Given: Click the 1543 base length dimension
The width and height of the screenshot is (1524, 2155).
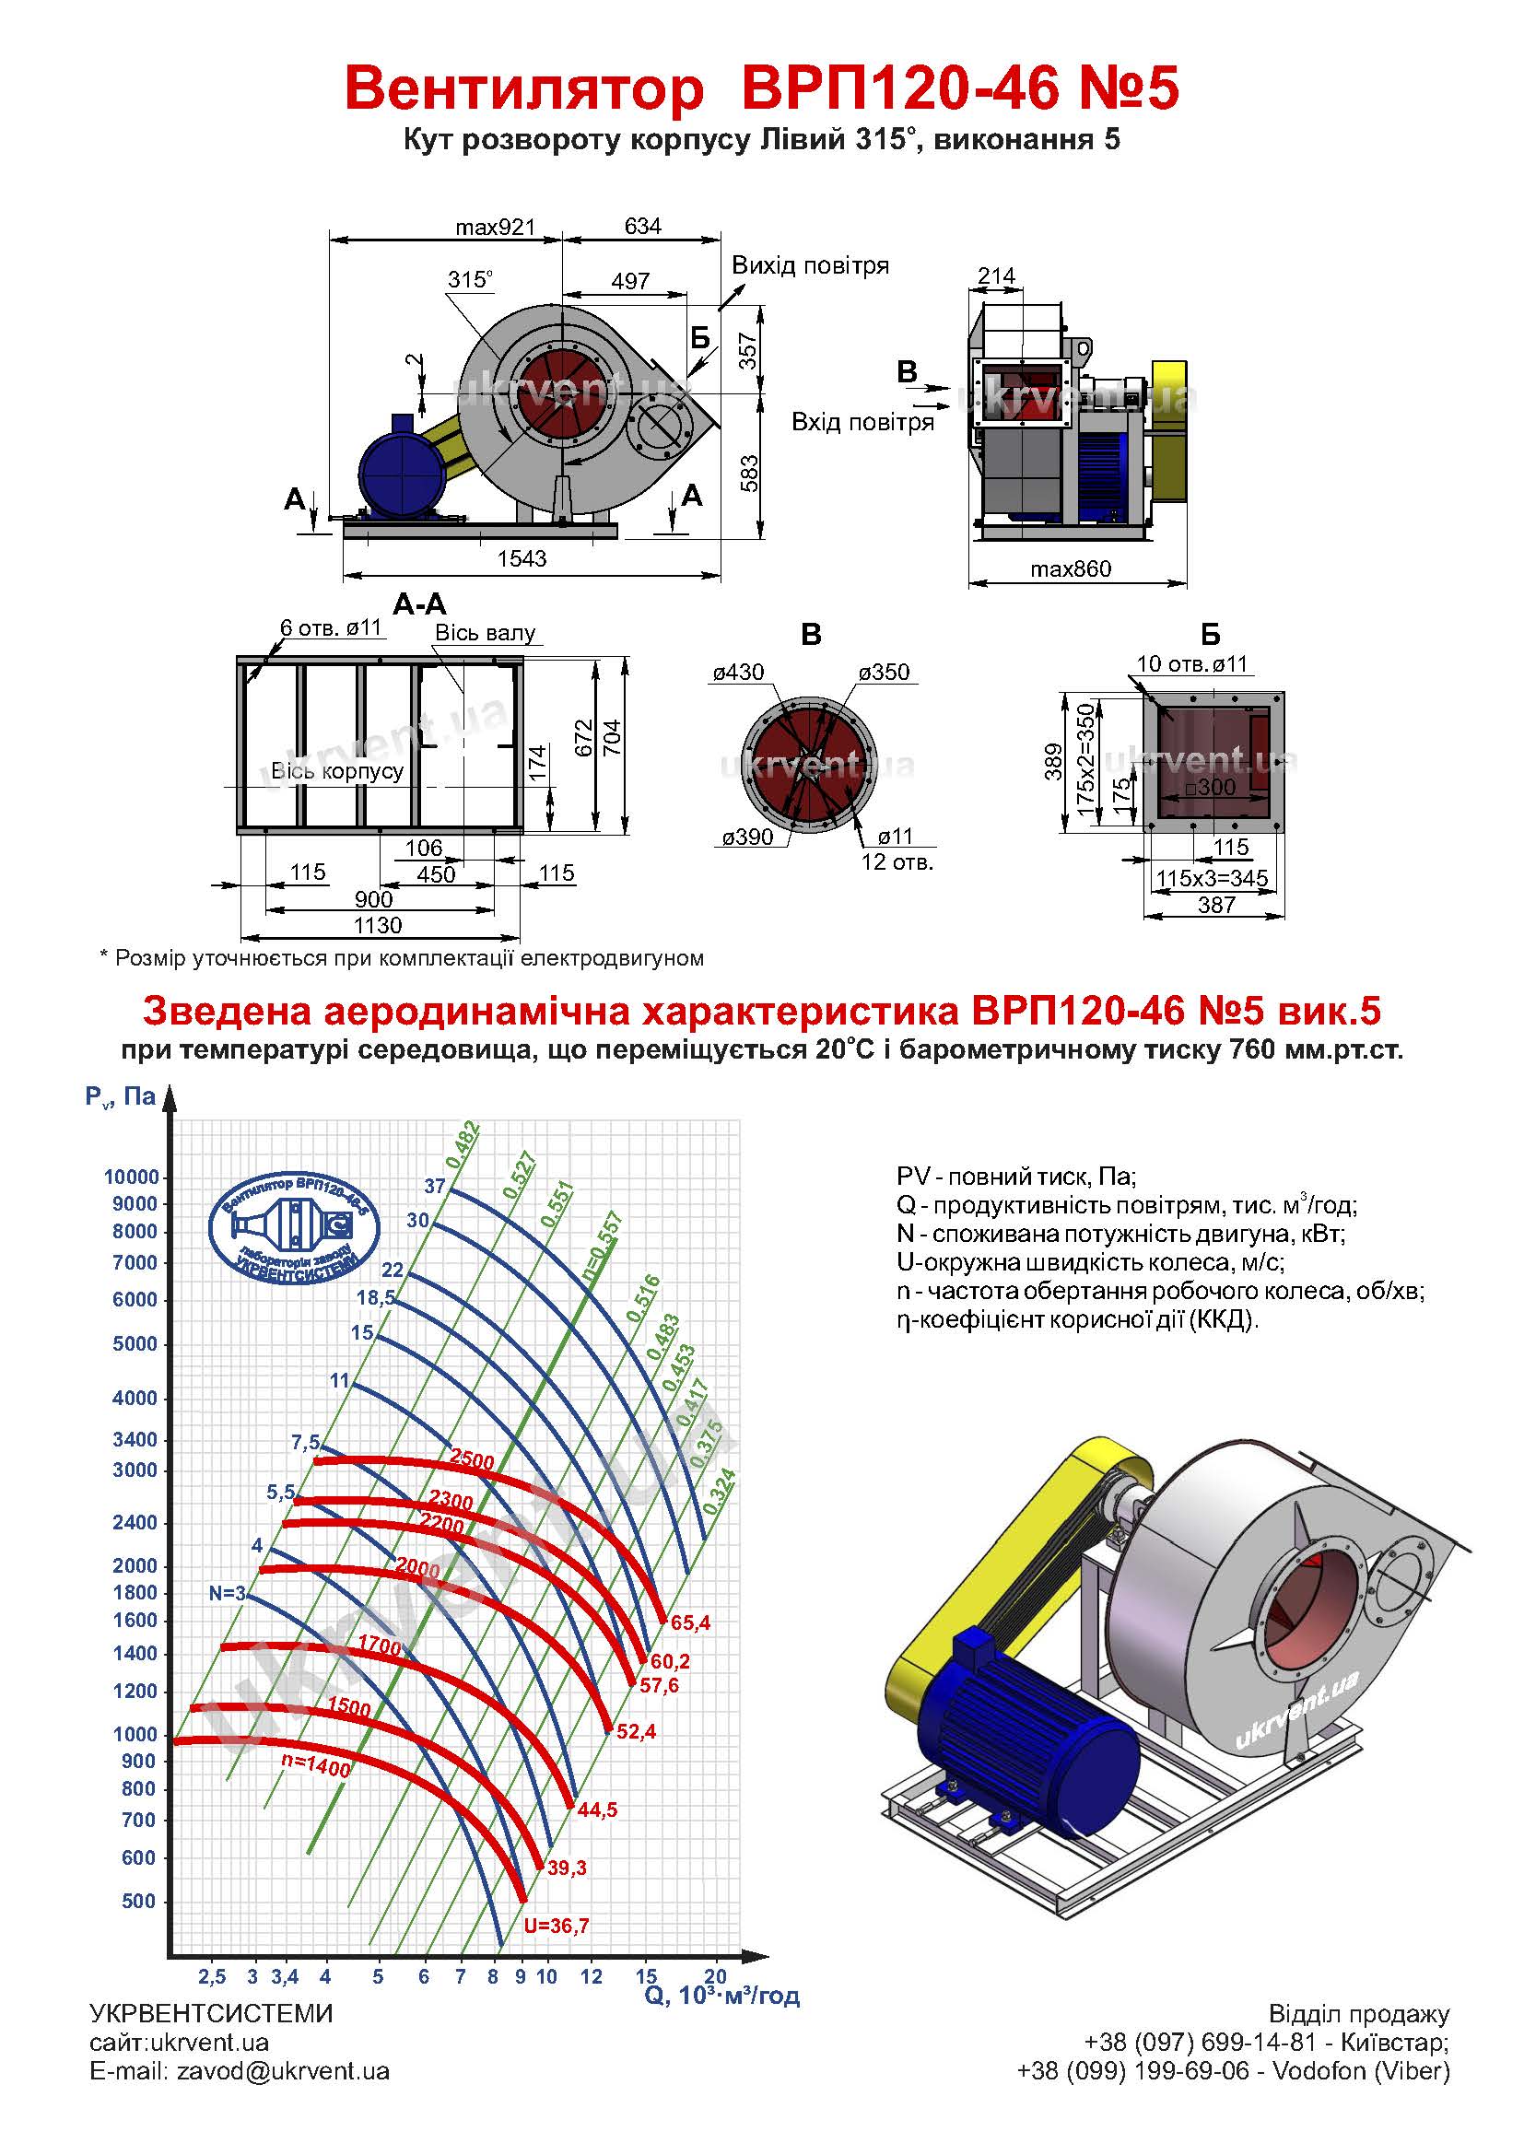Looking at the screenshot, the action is click(522, 558).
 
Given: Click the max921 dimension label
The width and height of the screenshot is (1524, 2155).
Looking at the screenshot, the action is click(495, 228).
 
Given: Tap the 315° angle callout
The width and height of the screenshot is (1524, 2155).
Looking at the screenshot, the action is click(470, 279).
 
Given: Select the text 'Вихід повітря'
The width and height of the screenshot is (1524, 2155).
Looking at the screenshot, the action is click(810, 265).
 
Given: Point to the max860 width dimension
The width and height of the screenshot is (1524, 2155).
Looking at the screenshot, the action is click(1070, 568).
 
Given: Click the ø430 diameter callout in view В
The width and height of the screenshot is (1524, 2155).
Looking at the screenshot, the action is click(738, 672).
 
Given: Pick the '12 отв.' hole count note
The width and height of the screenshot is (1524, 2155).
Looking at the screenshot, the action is click(897, 861).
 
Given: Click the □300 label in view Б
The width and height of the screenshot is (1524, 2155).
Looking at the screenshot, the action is click(1210, 788).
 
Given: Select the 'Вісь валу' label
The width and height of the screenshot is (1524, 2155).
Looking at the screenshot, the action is click(485, 633).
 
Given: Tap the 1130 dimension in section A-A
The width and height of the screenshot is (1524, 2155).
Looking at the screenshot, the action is click(377, 925).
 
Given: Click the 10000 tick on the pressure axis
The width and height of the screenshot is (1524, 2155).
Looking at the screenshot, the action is click(132, 1177).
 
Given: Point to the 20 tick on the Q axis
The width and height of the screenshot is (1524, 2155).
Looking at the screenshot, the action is click(715, 1976).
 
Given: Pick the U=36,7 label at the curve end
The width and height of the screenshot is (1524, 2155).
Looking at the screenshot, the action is click(557, 1926).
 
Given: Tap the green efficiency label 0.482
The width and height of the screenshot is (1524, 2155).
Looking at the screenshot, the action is click(463, 1145).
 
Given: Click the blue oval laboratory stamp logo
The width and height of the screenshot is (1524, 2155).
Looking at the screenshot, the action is click(294, 1227).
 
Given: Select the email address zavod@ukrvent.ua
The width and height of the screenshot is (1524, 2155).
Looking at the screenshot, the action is click(283, 2071).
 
